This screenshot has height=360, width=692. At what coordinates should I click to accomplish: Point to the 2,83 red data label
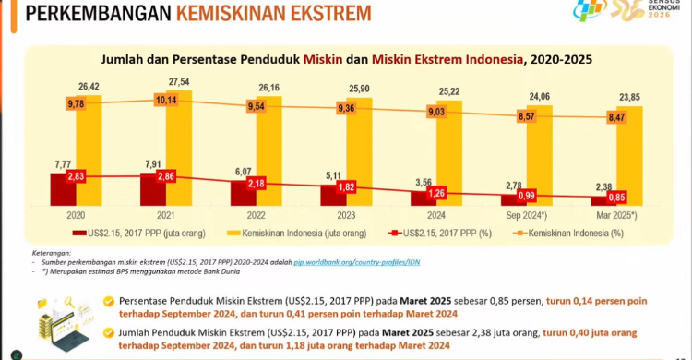[76, 175]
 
